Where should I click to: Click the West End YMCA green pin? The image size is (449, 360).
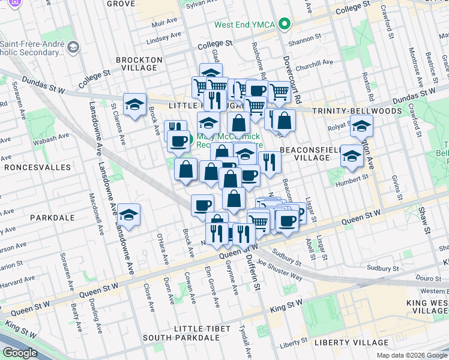286,25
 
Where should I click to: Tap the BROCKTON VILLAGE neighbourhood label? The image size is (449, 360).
139,64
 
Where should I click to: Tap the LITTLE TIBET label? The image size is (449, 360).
202,329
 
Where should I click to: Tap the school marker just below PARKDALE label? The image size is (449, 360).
128,214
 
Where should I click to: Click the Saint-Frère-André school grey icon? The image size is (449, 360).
73,47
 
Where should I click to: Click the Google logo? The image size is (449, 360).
21,353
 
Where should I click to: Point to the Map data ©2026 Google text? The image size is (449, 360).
411,355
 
